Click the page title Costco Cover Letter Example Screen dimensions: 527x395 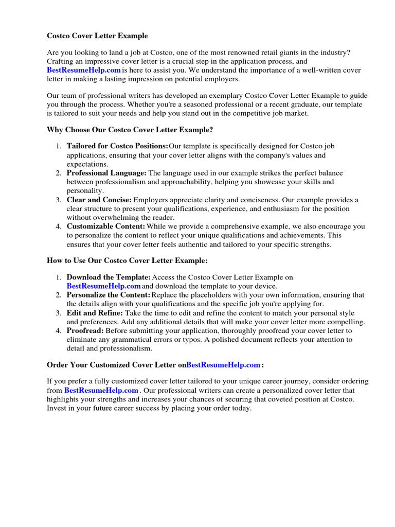click(97, 36)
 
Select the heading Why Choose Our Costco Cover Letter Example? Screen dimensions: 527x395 click(130, 130)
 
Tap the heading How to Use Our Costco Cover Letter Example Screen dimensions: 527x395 click(127, 261)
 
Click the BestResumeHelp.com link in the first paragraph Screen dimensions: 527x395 click(84, 70)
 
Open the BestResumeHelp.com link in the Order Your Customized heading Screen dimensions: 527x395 click(223, 365)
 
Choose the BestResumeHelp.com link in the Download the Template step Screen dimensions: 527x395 click(103, 286)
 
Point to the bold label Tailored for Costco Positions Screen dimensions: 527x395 click(117, 146)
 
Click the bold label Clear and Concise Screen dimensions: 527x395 click(99, 200)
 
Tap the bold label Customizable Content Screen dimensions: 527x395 click(106, 226)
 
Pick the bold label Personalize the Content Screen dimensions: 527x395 click(109, 295)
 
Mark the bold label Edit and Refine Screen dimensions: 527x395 click(95, 313)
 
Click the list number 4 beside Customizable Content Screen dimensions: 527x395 click(59, 226)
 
